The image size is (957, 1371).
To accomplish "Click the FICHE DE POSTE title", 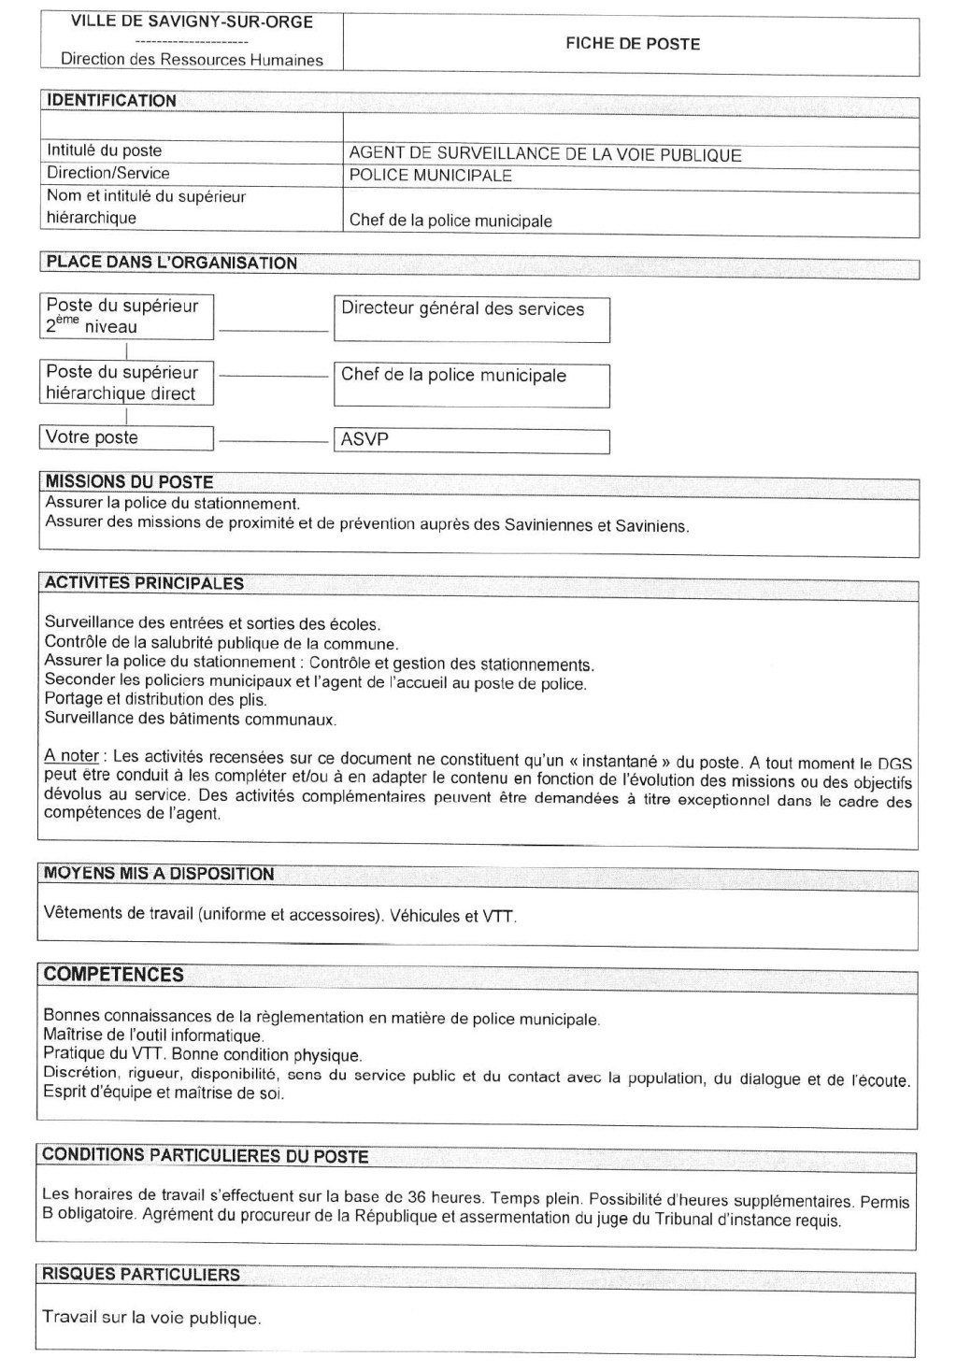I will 632,44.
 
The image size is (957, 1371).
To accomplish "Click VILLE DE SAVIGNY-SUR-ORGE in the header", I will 192,21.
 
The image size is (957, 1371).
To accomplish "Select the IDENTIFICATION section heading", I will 111,101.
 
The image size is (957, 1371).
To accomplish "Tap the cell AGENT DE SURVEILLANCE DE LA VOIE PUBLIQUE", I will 545,155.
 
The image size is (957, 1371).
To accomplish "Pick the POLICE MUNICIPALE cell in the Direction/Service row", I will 430,176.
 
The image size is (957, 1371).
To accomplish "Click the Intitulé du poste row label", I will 104,150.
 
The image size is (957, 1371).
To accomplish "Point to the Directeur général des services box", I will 471,319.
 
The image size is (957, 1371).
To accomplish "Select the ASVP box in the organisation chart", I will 471,440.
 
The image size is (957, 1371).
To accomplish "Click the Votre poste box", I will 126,437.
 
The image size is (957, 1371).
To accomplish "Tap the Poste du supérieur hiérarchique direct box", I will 126,382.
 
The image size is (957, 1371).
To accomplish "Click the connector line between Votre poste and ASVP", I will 273,439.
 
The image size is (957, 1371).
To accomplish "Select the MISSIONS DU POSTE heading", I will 129,482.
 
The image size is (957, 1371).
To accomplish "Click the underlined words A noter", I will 71,756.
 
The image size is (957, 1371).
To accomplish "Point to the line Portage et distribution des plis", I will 155,699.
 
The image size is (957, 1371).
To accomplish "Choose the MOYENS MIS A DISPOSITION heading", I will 158,874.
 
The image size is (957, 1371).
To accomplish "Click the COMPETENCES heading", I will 113,975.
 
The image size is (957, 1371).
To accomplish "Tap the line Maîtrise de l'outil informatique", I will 153,1035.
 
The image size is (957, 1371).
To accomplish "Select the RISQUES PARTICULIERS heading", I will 140,1275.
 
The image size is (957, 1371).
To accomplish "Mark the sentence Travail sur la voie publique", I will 151,1318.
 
